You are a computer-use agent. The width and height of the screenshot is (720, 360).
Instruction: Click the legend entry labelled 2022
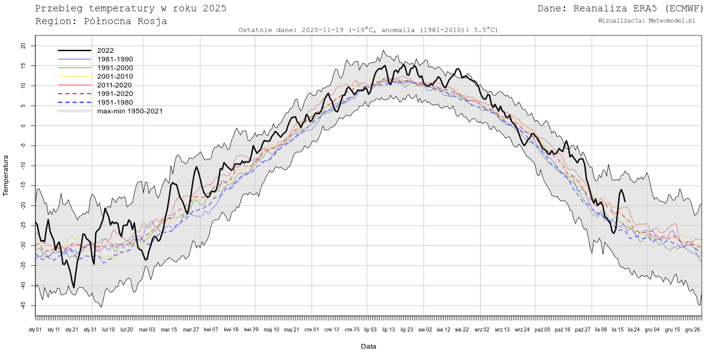105,50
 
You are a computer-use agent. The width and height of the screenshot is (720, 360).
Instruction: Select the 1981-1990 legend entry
115,59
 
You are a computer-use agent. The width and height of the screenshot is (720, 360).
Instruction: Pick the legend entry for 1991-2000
115,68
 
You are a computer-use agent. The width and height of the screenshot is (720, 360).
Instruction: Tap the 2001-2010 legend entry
115,76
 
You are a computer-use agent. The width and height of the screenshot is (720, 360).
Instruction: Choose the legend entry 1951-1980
115,102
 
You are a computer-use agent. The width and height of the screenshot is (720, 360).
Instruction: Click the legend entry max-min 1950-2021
130,111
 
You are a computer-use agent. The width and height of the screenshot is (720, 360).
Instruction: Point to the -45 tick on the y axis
23,305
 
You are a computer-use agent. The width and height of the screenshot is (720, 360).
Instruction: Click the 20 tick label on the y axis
23,46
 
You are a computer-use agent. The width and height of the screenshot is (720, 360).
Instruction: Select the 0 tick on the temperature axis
23,126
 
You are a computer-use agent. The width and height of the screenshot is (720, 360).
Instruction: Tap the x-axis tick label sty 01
35,329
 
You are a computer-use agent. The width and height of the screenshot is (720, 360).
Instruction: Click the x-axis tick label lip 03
370,329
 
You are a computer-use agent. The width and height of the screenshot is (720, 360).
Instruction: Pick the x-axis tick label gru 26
692,329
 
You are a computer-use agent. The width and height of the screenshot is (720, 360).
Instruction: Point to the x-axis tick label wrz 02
482,329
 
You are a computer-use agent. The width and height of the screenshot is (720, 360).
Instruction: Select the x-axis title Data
368,347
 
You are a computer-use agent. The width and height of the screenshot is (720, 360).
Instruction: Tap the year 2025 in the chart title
214,8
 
